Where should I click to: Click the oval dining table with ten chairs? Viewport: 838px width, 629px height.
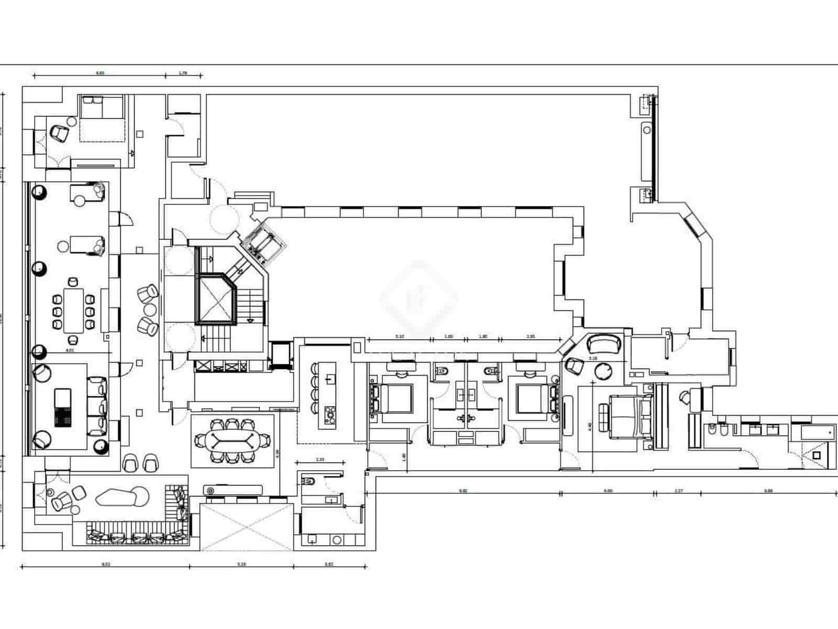point(232,441)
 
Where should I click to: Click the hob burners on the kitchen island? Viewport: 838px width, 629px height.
point(330,414)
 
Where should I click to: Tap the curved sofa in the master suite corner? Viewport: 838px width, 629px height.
point(604,344)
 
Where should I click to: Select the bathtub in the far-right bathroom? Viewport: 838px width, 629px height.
point(817,433)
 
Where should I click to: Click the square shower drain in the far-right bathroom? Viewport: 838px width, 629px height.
point(816,456)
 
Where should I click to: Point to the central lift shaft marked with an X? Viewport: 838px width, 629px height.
point(215,299)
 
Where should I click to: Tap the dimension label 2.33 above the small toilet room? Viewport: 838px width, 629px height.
point(319,459)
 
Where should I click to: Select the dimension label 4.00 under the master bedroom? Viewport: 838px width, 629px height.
point(608,491)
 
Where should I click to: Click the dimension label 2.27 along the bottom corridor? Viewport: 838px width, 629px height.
point(678,491)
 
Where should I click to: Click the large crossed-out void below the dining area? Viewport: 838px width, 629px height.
point(247,527)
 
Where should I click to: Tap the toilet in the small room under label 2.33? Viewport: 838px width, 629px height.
point(308,480)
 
